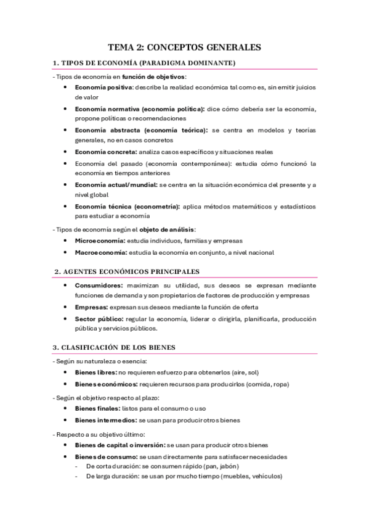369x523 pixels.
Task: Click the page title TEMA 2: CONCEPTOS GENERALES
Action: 184,46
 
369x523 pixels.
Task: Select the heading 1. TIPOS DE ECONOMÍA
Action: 144,63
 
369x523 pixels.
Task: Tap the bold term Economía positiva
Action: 99,88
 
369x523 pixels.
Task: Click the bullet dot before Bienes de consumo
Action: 66,456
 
